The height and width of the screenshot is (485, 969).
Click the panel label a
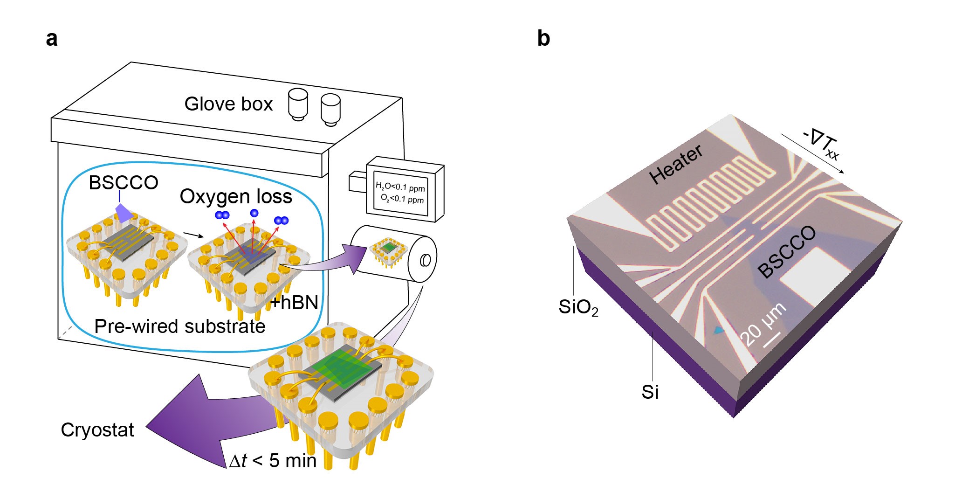click(x=52, y=39)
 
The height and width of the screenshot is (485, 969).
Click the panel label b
click(x=543, y=38)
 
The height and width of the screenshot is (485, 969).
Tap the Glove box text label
click(x=228, y=104)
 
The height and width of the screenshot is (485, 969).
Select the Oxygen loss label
click(x=236, y=196)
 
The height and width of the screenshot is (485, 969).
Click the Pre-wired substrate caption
click(x=179, y=326)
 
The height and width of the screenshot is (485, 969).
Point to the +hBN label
click(x=294, y=303)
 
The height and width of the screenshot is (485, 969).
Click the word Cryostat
click(x=97, y=430)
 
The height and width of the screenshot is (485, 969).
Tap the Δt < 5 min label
click(x=273, y=461)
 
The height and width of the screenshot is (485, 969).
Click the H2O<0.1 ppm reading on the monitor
click(x=400, y=187)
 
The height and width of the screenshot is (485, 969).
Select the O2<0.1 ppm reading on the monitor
click(x=402, y=199)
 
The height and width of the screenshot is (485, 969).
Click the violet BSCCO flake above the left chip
click(x=123, y=213)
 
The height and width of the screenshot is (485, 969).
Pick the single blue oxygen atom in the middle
click(x=254, y=213)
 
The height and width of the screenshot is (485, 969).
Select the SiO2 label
click(x=578, y=307)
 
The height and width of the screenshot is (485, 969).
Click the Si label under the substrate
click(x=650, y=392)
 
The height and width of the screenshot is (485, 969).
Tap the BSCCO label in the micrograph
click(x=786, y=252)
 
